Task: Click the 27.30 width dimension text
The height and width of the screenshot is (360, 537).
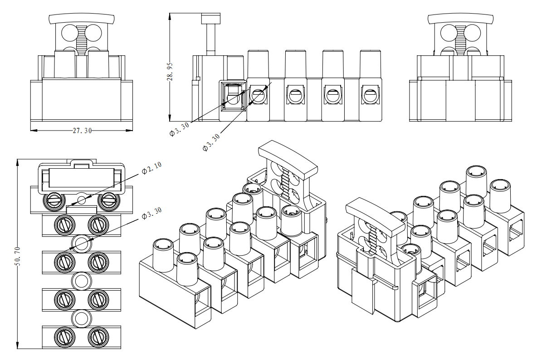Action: pyautogui.click(x=82, y=131)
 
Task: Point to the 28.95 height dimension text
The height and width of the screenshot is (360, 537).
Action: pyautogui.click(x=170, y=70)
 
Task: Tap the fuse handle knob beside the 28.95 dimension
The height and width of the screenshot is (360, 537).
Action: pyautogui.click(x=211, y=19)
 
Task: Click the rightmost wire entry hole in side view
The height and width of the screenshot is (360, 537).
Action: pyautogui.click(x=369, y=95)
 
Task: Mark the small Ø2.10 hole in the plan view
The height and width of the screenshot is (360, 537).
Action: pyautogui.click(x=82, y=199)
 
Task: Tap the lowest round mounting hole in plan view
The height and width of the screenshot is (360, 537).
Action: pyautogui.click(x=82, y=319)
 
